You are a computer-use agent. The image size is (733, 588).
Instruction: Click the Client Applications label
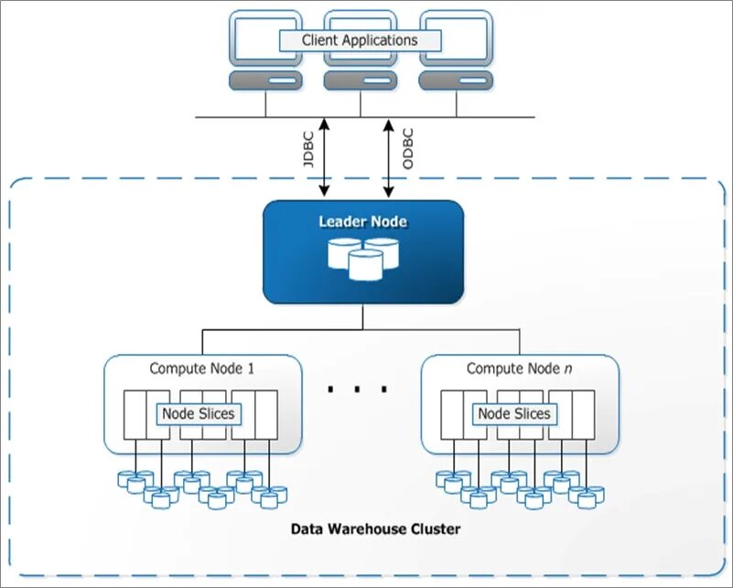click(x=360, y=40)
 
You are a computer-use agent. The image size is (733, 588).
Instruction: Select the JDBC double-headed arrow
click(x=324, y=157)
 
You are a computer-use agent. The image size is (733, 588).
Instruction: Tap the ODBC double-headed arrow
click(x=389, y=157)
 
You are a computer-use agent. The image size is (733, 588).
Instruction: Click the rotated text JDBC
click(x=307, y=148)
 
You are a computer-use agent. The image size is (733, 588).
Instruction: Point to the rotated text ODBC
click(x=407, y=148)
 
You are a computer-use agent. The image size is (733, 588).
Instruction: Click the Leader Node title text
click(x=362, y=221)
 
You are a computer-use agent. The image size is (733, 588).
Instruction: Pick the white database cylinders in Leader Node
click(x=363, y=259)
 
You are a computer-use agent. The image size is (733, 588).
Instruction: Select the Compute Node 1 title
click(x=202, y=369)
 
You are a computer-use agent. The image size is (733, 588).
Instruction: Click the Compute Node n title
click(x=520, y=369)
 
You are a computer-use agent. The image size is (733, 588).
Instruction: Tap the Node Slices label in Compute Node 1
click(x=199, y=414)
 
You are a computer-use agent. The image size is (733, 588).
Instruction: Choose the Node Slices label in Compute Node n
click(x=514, y=414)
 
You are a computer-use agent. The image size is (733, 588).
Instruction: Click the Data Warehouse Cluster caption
click(x=375, y=529)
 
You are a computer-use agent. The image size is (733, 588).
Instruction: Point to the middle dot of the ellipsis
click(x=357, y=389)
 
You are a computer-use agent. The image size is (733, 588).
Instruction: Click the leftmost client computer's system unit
click(x=265, y=80)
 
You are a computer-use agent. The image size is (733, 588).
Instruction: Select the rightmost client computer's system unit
click(x=456, y=80)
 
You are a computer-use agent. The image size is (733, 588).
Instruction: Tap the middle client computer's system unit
click(x=361, y=80)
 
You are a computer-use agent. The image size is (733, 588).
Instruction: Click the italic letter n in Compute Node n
click(x=568, y=369)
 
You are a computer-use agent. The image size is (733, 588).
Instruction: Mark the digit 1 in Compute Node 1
click(x=251, y=369)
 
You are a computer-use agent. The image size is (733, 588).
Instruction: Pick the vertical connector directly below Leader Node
click(x=362, y=317)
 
